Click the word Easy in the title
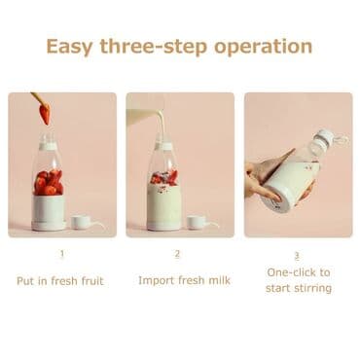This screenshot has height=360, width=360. tap(70, 48)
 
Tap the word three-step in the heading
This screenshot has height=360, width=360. tap(154, 48)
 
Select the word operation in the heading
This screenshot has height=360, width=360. tap(263, 48)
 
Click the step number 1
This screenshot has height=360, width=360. tap(62, 253)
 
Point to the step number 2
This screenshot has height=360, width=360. tap(177, 253)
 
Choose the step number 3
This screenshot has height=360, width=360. tap(297, 256)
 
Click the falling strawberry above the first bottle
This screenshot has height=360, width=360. tap(45, 114)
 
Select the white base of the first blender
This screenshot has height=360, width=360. tap(49, 213)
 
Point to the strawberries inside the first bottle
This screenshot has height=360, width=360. tap(49, 182)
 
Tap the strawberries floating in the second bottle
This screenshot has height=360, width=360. tap(164, 177)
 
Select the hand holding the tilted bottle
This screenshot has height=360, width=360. tap(264, 177)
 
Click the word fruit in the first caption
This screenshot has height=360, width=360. tap(92, 280)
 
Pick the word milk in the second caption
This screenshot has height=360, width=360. tap(219, 280)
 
